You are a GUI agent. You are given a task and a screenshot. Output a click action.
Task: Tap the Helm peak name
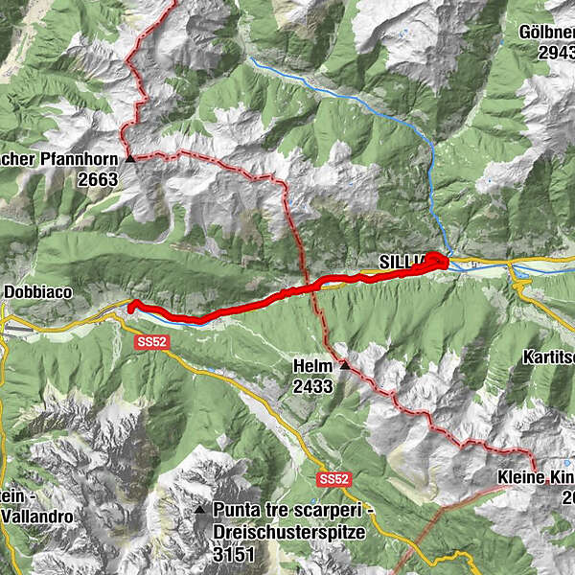(313, 366)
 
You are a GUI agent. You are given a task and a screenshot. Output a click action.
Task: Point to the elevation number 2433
(313, 386)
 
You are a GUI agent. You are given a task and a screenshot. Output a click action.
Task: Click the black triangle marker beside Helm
(344, 365)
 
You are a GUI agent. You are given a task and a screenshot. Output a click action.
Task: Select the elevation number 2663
(100, 179)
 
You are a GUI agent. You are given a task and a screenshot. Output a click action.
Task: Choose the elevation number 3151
(234, 551)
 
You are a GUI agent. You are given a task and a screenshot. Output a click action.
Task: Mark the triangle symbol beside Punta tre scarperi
(200, 509)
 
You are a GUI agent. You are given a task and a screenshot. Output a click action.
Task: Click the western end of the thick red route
(131, 305)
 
